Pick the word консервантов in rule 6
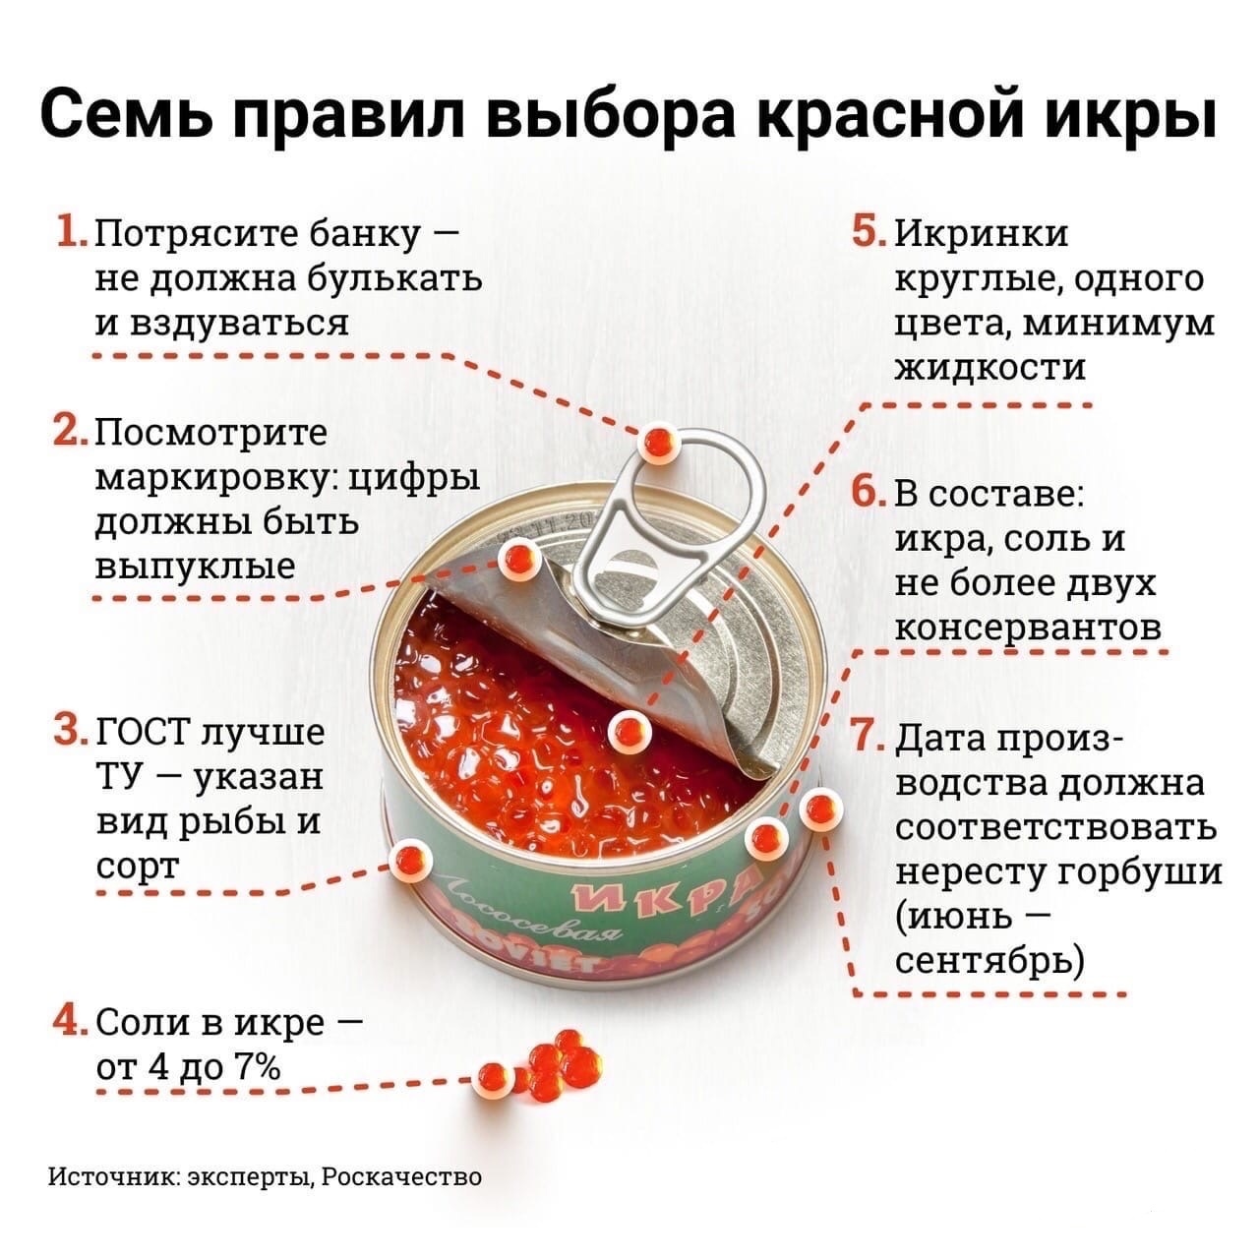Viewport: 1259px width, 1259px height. (x=1029, y=627)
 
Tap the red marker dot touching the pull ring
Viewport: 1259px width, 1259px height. (x=656, y=443)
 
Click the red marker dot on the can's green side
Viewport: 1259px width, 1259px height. (x=409, y=862)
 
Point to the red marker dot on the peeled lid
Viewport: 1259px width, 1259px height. (x=514, y=560)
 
